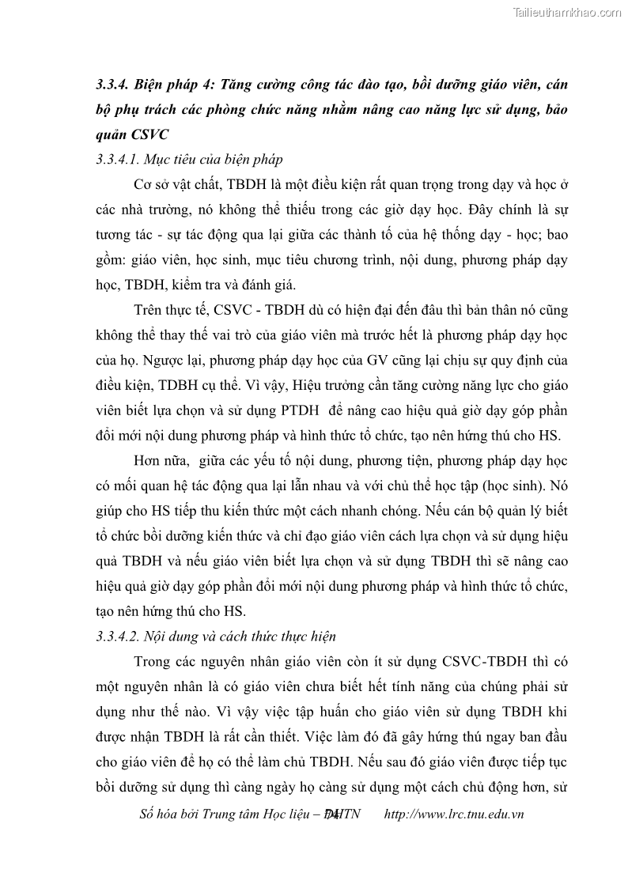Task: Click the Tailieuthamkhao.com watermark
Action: (x=567, y=12)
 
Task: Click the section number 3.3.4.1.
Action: (x=120, y=160)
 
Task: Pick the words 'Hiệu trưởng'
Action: (x=326, y=384)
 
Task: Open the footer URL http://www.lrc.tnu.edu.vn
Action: (x=453, y=814)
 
